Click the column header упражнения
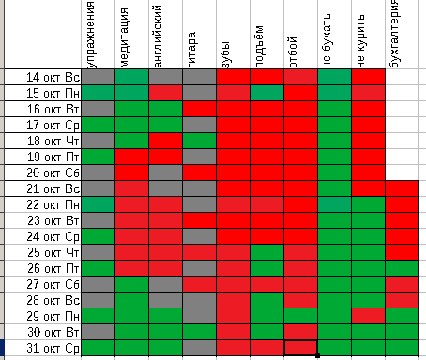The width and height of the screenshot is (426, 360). [90, 35]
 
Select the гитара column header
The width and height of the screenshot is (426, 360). [191, 50]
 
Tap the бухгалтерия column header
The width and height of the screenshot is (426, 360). [394, 34]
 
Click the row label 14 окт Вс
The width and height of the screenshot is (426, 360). [53, 77]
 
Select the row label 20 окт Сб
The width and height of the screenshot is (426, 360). [53, 172]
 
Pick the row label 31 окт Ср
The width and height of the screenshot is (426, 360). [53, 348]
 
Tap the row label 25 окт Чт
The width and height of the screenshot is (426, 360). [53, 252]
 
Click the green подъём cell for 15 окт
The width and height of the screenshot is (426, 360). [267, 93]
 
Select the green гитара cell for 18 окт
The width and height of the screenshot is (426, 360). [200, 141]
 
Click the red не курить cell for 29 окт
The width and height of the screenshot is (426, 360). [369, 316]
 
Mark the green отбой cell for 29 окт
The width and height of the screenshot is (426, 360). [301, 316]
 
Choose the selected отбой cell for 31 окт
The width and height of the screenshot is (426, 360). [301, 348]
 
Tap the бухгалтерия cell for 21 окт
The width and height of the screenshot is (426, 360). [403, 188]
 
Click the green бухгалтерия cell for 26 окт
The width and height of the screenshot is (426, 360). [403, 268]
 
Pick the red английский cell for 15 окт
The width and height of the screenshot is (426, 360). [166, 93]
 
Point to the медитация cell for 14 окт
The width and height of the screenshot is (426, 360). [132, 77]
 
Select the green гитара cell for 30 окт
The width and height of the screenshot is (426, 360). [200, 332]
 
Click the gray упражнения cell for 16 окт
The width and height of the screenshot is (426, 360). [99, 109]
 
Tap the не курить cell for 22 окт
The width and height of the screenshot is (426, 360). [369, 204]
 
